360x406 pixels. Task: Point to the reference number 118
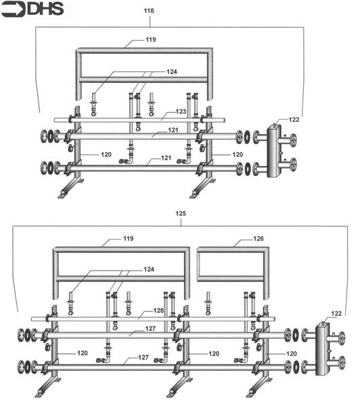pyautogui.click(x=149, y=11)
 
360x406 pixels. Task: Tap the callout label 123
pyautogui.click(x=181, y=112)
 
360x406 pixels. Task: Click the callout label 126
pyautogui.click(x=240, y=238)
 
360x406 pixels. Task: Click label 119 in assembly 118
pyautogui.click(x=150, y=40)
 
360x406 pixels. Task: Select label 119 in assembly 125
pyautogui.click(x=129, y=239)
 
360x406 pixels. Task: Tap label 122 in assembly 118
pyautogui.click(x=294, y=119)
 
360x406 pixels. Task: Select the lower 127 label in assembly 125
pyautogui.click(x=143, y=357)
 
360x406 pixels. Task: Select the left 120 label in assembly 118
pyautogui.click(x=106, y=154)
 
